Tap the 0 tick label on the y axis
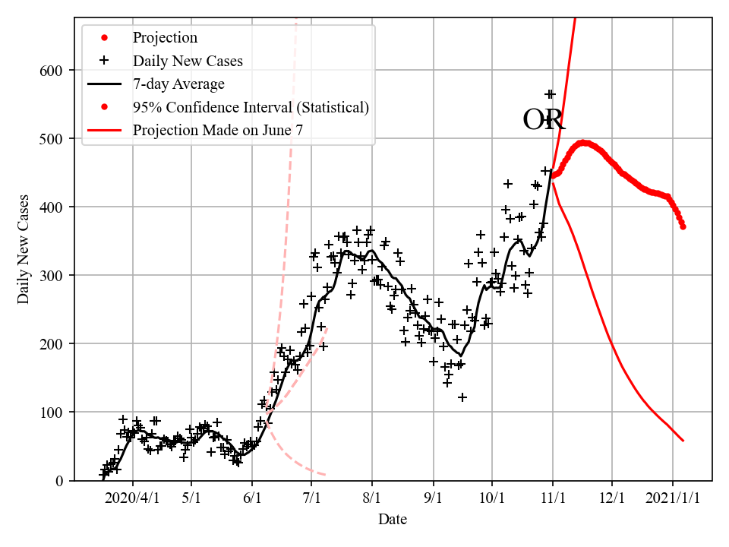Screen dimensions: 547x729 pyautogui.click(x=59, y=480)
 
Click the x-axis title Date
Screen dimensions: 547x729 pyautogui.click(x=393, y=520)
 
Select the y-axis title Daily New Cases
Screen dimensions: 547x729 pyautogui.click(x=24, y=248)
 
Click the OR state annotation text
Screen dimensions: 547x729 pyautogui.click(x=544, y=120)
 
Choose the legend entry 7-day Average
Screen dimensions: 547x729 pyautogui.click(x=178, y=84)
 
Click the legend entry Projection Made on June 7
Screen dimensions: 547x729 pyautogui.click(x=218, y=130)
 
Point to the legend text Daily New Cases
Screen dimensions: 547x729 pyautogui.click(x=188, y=61)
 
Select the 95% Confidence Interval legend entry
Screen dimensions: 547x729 pyautogui.click(x=251, y=107)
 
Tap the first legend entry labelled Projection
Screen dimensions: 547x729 pyautogui.click(x=165, y=37)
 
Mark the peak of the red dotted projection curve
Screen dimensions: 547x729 pyautogui.click(x=584, y=142)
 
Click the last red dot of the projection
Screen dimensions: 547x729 pyautogui.click(x=683, y=226)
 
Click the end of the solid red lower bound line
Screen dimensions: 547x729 pyautogui.click(x=683, y=441)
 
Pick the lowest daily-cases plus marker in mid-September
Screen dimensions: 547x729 pyautogui.click(x=462, y=397)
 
